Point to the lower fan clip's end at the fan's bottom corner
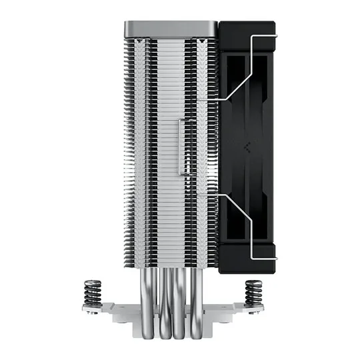point(273,256)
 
